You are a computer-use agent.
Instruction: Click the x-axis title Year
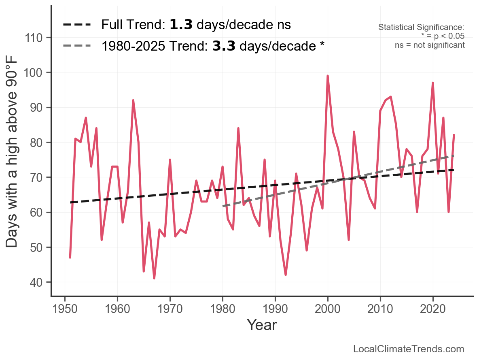pyautogui.click(x=262, y=325)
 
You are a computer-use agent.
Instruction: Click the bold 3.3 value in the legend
pyautogui.click(x=224, y=46)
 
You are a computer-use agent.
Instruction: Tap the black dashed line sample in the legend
pyautogui.click(x=77, y=25)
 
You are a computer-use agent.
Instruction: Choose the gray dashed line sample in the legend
pyautogui.click(x=77, y=46)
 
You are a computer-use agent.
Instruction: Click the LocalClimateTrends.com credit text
pyautogui.click(x=409, y=349)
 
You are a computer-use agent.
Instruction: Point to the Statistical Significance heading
pyautogui.click(x=421, y=28)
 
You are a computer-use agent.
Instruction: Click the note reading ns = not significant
pyautogui.click(x=430, y=45)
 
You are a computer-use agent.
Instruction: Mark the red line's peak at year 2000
pyautogui.click(x=328, y=76)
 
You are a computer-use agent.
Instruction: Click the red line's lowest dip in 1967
pyautogui.click(x=154, y=278)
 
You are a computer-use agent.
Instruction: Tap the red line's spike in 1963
pyautogui.click(x=133, y=100)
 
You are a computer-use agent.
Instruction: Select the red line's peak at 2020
pyautogui.click(x=433, y=83)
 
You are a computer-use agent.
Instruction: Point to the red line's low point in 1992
pyautogui.click(x=286, y=275)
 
